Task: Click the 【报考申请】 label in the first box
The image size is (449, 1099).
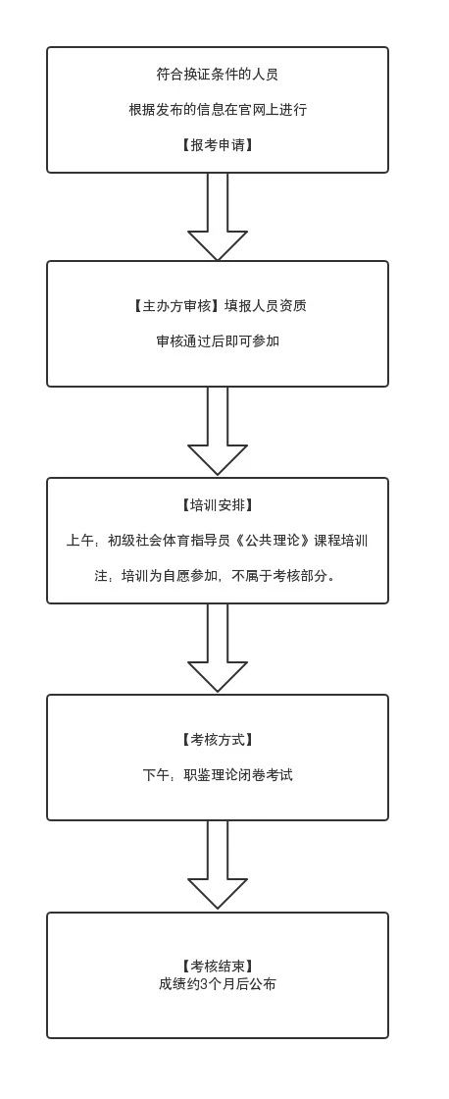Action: point(217,145)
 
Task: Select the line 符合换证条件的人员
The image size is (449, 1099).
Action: point(217,75)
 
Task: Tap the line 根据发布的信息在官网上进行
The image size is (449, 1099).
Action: point(217,110)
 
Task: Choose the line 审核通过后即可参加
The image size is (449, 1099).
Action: point(217,341)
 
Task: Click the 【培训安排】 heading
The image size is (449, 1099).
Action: point(217,505)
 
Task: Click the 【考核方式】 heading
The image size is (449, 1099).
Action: point(217,740)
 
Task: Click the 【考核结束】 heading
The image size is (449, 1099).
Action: point(217,967)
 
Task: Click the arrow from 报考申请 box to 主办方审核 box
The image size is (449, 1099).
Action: point(217,217)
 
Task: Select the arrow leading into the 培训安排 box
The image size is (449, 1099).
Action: point(217,431)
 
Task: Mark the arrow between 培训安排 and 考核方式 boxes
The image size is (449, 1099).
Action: point(217,648)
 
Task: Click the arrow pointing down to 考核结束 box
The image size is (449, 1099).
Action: point(217,864)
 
